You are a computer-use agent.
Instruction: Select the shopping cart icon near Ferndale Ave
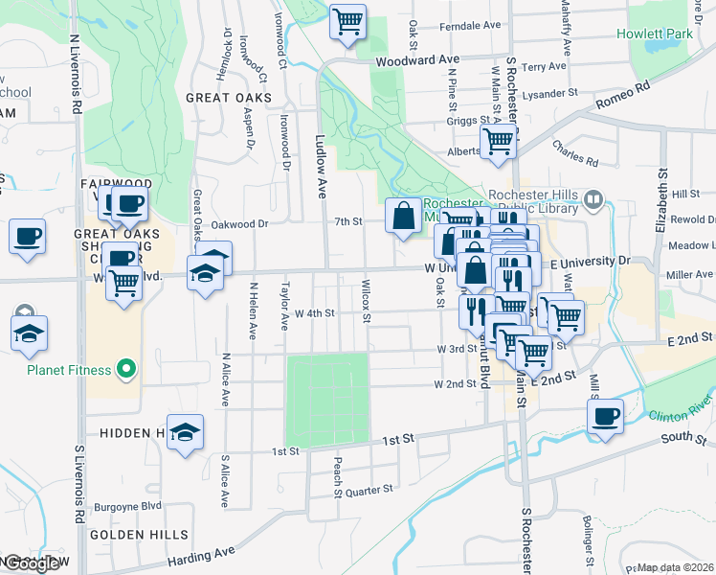tap(347, 21)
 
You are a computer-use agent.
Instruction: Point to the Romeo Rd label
tap(623, 97)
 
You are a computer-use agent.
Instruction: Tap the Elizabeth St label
tap(660, 201)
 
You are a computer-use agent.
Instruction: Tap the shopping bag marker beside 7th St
tap(403, 217)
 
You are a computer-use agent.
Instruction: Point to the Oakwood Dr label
tap(239, 224)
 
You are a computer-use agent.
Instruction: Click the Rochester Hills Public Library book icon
tap(593, 200)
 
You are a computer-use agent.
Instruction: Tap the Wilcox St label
tap(367, 300)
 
